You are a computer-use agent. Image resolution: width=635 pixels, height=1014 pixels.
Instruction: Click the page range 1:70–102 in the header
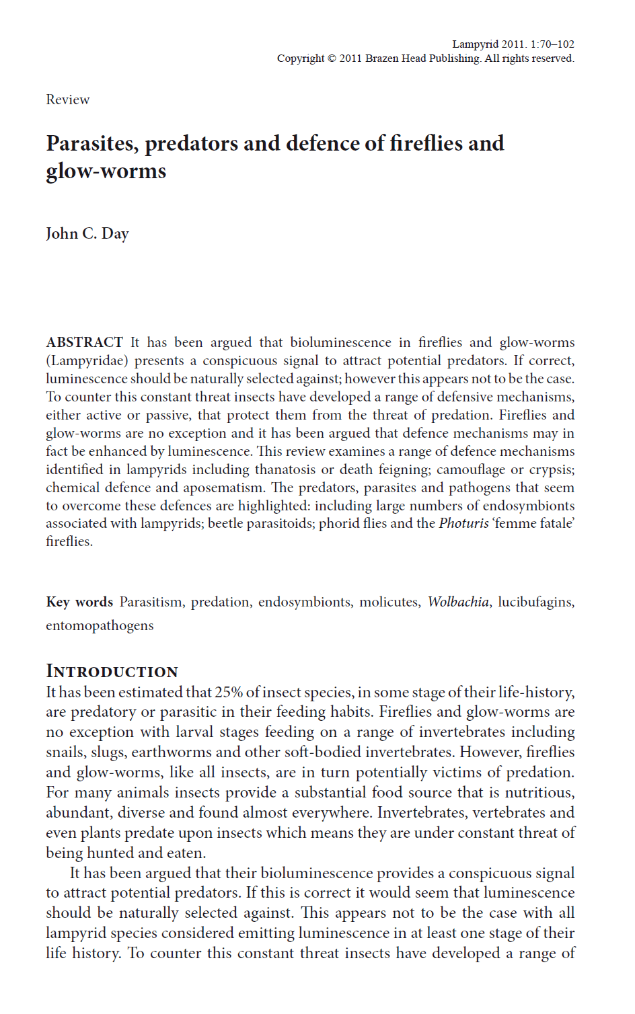(x=552, y=44)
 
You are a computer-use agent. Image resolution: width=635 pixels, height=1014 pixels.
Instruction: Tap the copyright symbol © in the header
(x=332, y=58)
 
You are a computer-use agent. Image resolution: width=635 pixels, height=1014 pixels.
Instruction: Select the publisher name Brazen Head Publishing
(x=422, y=58)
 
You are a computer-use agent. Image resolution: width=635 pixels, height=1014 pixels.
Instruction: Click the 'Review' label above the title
(x=67, y=100)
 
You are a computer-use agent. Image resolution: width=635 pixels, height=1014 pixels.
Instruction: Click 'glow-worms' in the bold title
(x=106, y=171)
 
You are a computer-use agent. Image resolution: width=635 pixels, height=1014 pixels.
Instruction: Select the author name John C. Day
(x=87, y=233)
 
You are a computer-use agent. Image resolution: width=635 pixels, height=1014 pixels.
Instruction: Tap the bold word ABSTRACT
(x=84, y=342)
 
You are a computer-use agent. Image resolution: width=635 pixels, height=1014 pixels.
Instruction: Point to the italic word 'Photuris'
(x=463, y=523)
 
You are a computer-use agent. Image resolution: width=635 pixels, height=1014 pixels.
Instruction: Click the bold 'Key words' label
(x=79, y=602)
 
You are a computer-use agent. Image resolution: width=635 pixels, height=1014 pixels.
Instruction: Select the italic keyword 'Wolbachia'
(x=458, y=602)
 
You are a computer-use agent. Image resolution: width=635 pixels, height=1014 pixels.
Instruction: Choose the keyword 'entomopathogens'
(x=100, y=625)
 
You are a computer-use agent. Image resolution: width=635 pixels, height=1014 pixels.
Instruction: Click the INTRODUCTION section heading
(x=112, y=671)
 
